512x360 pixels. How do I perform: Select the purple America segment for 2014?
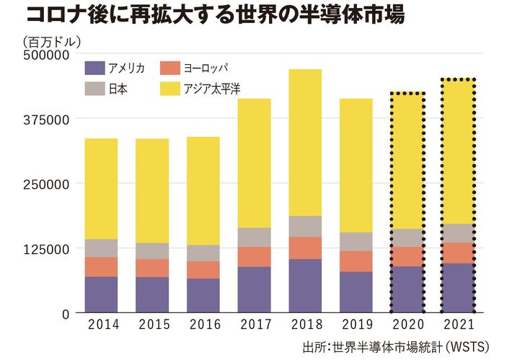click(x=101, y=294)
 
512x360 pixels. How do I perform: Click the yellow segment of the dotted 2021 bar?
click(x=458, y=152)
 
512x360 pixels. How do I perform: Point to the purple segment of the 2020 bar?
click(x=407, y=289)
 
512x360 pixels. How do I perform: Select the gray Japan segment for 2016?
click(x=203, y=253)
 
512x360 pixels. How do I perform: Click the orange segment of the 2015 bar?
click(x=152, y=268)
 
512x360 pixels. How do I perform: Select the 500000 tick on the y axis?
click(x=47, y=54)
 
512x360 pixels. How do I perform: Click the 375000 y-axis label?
click(x=47, y=119)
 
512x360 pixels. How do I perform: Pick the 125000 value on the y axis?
click(x=47, y=249)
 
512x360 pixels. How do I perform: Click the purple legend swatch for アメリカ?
click(x=94, y=69)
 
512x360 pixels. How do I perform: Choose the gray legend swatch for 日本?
click(x=94, y=89)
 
